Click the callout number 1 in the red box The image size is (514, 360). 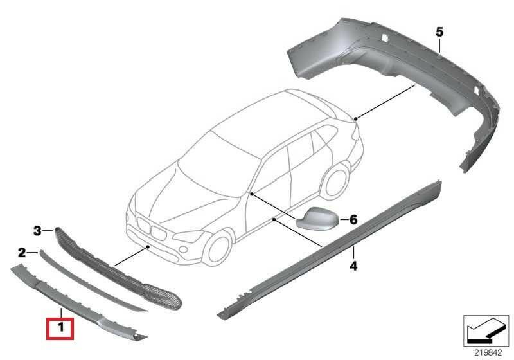click(60, 327)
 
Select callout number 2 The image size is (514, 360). click(22, 253)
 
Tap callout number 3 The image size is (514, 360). click(37, 231)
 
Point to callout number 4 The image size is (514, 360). click(353, 265)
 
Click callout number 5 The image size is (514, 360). click(439, 32)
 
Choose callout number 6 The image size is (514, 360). click(353, 219)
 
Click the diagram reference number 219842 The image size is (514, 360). click(488, 353)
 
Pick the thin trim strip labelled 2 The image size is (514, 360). click(93, 282)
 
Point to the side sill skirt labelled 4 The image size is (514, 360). click(330, 249)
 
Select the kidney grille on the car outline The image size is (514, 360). click(152, 228)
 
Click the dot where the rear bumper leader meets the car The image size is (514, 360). click(356, 118)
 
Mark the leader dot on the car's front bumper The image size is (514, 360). click(148, 246)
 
